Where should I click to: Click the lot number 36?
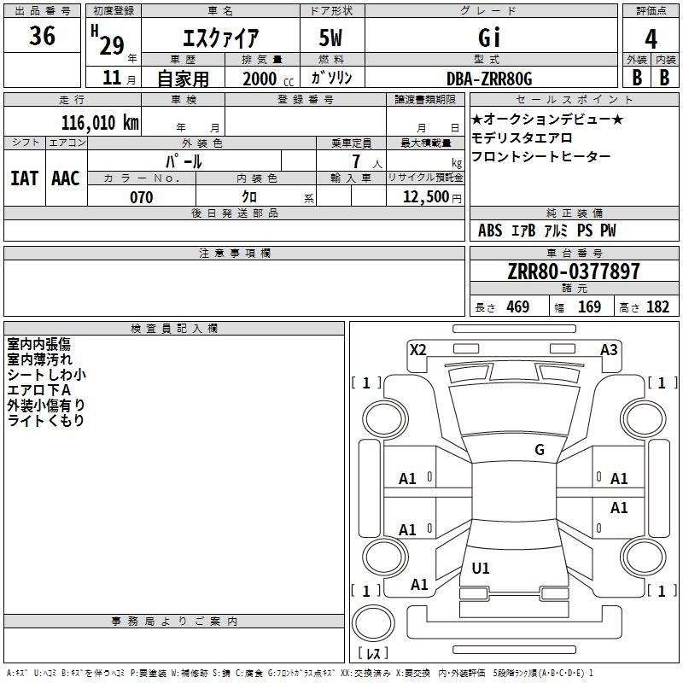(42, 35)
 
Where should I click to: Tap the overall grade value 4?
(651, 38)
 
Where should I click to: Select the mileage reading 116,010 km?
(100, 122)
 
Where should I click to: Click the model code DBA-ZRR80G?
(489, 79)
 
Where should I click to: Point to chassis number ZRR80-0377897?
(574, 271)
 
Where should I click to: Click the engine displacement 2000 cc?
(268, 79)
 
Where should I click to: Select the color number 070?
(142, 197)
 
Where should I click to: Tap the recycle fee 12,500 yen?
(432, 197)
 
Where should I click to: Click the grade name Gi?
(489, 38)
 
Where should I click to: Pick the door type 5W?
(330, 38)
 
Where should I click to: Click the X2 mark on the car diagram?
(418, 349)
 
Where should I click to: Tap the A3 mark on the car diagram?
(609, 349)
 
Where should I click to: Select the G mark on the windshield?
(540, 449)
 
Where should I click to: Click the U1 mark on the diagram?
(481, 568)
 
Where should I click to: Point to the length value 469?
(518, 306)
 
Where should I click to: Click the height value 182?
(657, 306)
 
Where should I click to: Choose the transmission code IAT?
(25, 178)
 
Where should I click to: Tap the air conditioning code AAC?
(66, 178)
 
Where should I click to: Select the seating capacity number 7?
(356, 161)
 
